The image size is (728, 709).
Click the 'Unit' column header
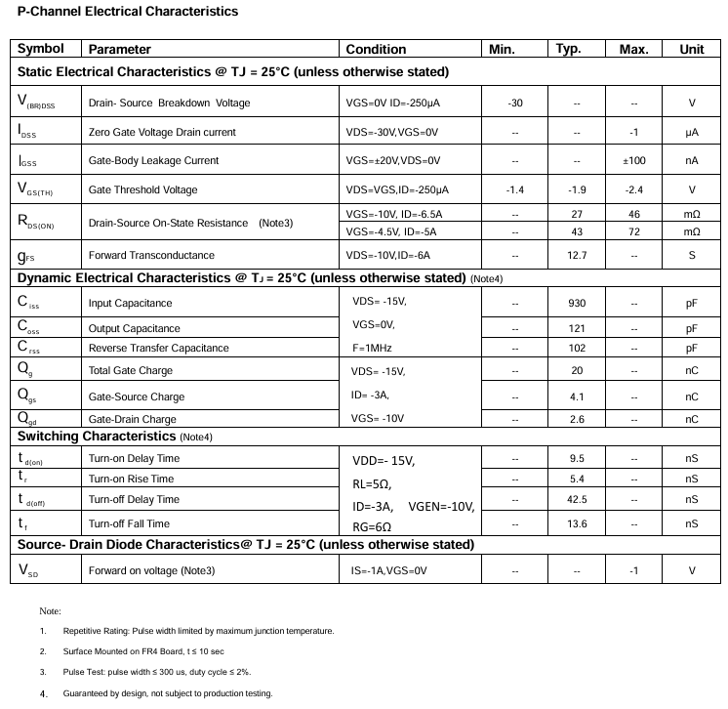coord(691,49)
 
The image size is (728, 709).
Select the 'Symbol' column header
coord(41,49)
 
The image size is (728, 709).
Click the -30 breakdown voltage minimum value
coord(515,103)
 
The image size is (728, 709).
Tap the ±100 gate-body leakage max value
coord(634,160)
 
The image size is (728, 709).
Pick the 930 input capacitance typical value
coord(577,304)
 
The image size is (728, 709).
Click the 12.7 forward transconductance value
coord(577,256)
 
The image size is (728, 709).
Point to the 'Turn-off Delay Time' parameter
coord(134,500)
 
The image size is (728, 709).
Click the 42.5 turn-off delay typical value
coord(577,500)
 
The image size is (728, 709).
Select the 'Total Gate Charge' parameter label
coord(131,371)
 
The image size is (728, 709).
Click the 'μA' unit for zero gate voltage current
coord(692,132)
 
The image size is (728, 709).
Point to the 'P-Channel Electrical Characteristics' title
coord(128,12)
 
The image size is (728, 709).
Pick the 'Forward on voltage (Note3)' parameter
coord(151,570)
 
